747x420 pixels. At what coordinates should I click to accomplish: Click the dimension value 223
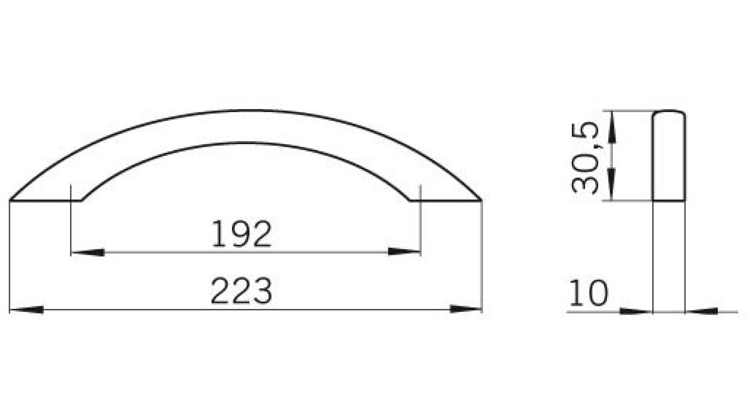(x=241, y=291)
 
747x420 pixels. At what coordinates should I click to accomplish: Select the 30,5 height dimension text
(x=585, y=157)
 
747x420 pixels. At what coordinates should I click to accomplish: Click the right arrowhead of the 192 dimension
(x=404, y=252)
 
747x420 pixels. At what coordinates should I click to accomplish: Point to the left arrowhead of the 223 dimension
(x=27, y=309)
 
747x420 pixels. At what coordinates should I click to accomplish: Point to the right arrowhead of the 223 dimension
(x=465, y=309)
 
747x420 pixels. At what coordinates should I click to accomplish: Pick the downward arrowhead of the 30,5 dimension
(x=613, y=185)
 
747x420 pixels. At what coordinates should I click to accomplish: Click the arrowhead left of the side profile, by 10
(x=636, y=311)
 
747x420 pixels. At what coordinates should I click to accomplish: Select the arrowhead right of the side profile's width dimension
(x=701, y=311)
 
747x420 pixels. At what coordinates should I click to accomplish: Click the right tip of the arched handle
(x=481, y=200)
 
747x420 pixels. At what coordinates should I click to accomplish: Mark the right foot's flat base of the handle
(x=446, y=201)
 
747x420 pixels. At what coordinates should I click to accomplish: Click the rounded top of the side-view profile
(x=669, y=112)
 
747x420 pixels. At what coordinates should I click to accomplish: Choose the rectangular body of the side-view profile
(x=669, y=159)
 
